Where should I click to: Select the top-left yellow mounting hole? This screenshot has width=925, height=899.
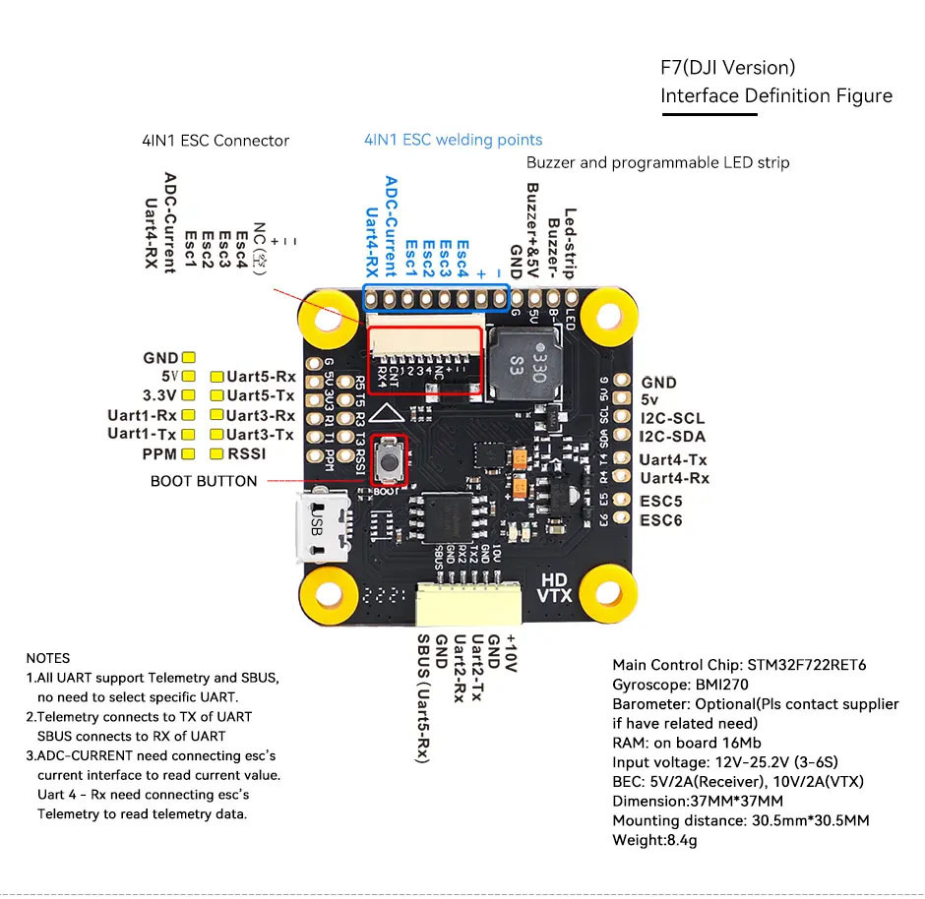point(327,317)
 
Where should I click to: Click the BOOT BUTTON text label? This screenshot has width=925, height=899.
point(204,481)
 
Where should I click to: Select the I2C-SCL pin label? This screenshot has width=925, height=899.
point(672,419)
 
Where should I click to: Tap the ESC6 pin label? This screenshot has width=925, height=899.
point(661,519)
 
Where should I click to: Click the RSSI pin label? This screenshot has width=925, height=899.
point(247,454)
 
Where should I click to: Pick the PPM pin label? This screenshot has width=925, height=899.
point(159,454)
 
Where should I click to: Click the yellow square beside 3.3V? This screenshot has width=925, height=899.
point(189,396)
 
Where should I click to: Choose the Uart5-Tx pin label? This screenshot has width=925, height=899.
point(261,395)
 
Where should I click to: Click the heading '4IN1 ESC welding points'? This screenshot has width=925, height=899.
point(453,140)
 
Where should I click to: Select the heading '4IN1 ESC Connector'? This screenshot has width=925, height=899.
point(216,141)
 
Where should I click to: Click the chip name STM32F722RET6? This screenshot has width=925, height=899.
point(806,665)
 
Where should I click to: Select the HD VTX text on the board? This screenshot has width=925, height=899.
point(554,586)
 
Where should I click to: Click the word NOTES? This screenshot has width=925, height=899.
point(48,658)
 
